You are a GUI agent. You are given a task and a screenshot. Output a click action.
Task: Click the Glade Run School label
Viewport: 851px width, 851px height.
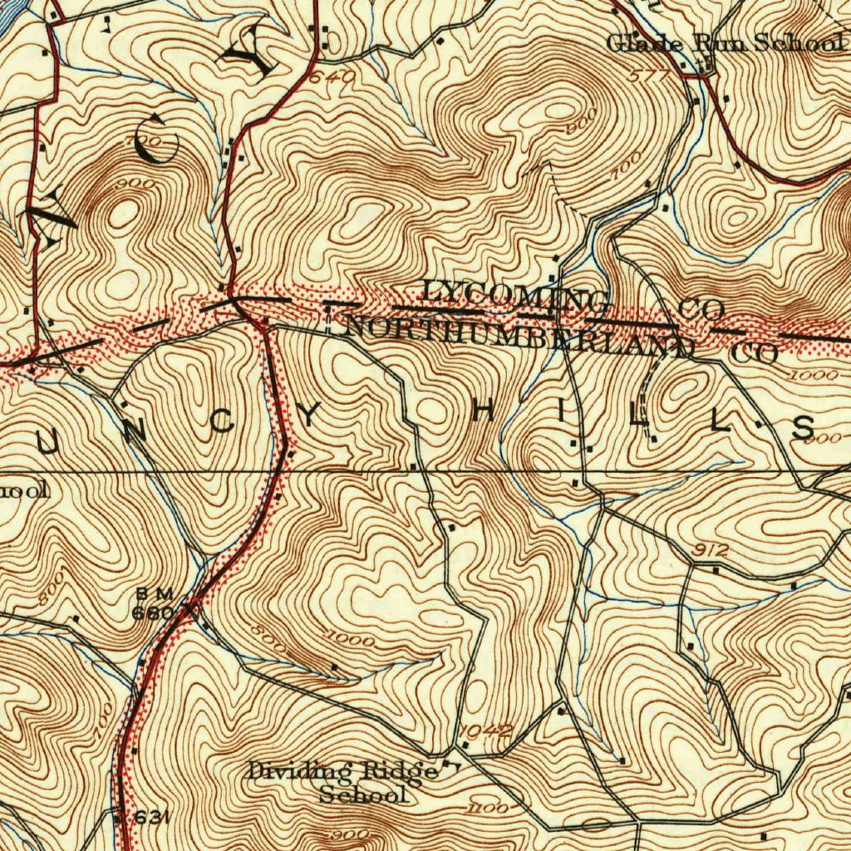tap(724, 43)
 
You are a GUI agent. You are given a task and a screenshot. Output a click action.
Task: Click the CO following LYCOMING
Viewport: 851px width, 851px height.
tap(701, 311)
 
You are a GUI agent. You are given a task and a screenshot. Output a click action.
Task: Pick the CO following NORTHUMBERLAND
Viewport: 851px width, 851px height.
tap(756, 353)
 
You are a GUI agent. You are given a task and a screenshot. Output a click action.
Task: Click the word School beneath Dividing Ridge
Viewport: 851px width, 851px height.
tap(364, 794)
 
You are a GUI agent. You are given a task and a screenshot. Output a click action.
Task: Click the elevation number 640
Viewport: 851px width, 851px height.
tap(333, 78)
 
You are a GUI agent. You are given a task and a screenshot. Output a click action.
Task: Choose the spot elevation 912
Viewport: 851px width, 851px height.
tap(711, 550)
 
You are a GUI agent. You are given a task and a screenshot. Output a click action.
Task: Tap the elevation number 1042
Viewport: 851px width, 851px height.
tap(485, 730)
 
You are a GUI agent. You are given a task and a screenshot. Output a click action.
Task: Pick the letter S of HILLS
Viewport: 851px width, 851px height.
tap(803, 428)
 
